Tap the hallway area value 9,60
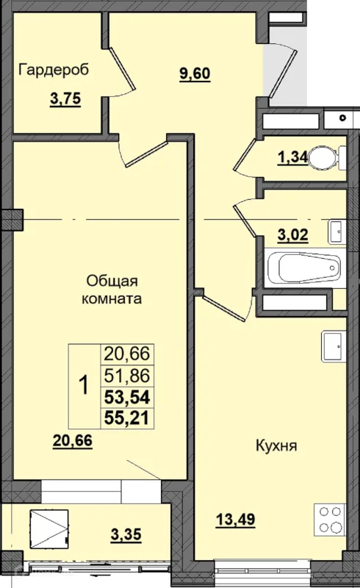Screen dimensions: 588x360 (196, 73)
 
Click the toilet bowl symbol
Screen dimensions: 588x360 (324, 157)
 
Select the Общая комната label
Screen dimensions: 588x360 (112, 290)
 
